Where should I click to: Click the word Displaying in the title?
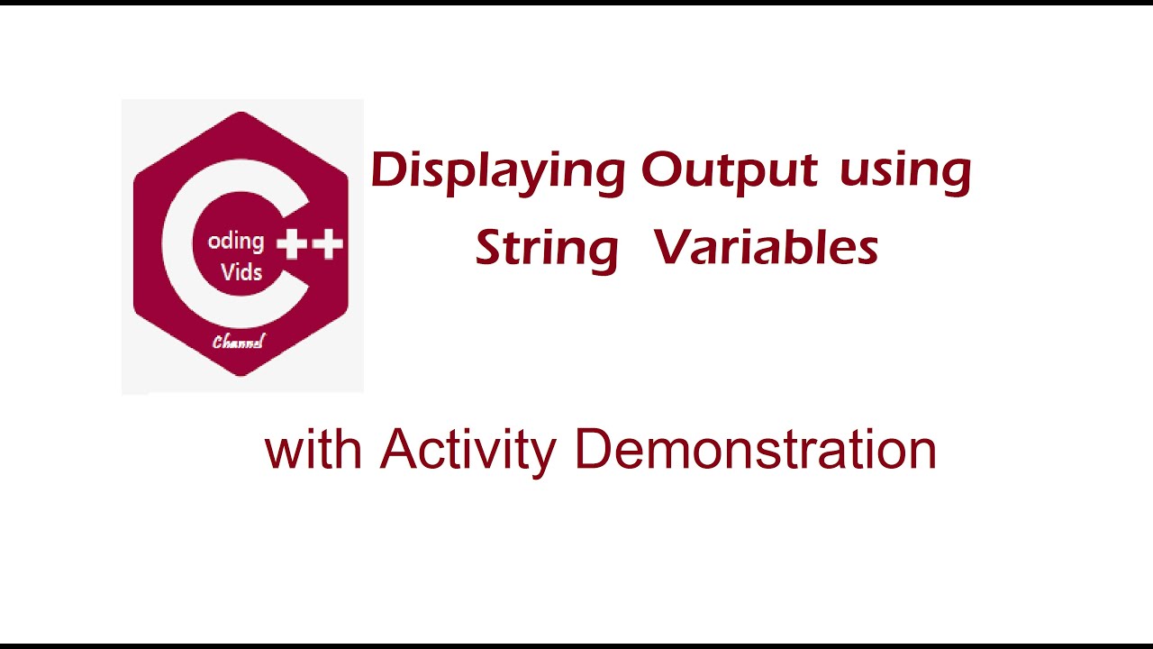pyautogui.click(x=497, y=171)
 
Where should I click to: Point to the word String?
pyautogui.click(x=547, y=248)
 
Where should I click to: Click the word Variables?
pyautogui.click(x=767, y=247)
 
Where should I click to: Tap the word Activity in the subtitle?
pyautogui.click(x=468, y=451)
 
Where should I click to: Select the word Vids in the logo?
pyautogui.click(x=241, y=271)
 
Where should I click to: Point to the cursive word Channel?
pyautogui.click(x=239, y=342)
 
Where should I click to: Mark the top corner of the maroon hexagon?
pyautogui.click(x=241, y=113)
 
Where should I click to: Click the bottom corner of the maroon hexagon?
pyautogui.click(x=241, y=374)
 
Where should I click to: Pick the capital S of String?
pyautogui.click(x=490, y=247)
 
